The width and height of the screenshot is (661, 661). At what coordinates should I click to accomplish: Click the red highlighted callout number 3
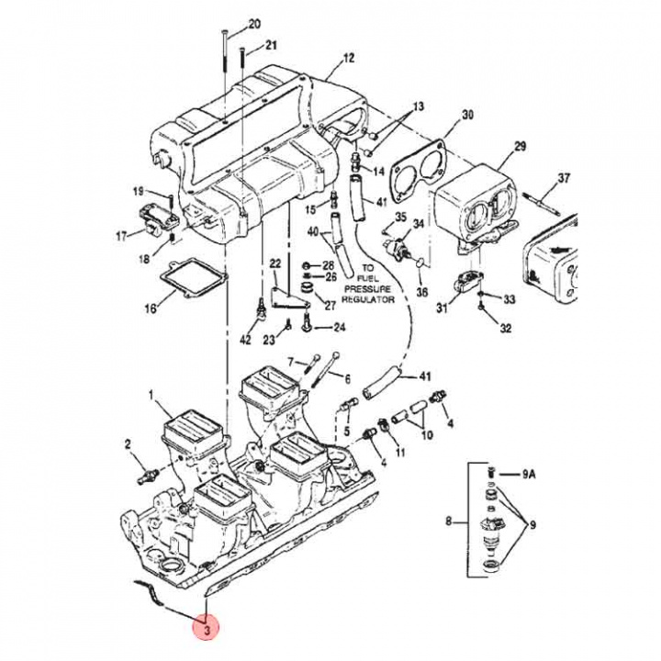(x=207, y=630)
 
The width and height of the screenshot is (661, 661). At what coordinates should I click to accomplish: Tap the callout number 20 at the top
(x=254, y=23)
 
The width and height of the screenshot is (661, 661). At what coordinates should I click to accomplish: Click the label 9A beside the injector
(x=527, y=475)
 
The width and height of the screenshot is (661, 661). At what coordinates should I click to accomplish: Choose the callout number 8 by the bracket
(x=448, y=522)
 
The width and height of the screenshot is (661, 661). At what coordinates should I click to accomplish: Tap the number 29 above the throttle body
(x=520, y=147)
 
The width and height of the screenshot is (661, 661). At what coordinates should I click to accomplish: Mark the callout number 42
(x=244, y=341)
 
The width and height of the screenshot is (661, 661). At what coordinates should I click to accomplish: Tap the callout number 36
(x=422, y=292)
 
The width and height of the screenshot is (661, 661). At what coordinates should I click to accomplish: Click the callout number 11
(x=399, y=454)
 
